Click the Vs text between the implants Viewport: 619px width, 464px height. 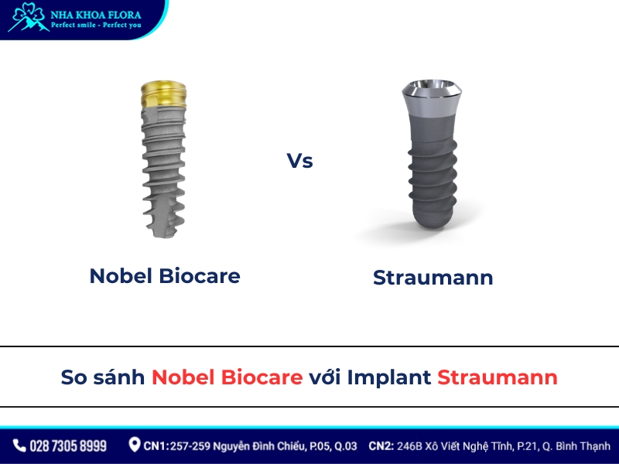tap(299, 162)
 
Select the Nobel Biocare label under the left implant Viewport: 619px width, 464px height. tap(165, 276)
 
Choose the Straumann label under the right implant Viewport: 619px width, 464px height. tap(433, 278)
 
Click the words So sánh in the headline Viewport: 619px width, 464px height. tap(103, 377)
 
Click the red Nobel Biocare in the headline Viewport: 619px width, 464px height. tap(227, 377)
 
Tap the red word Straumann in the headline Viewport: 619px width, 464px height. tap(497, 377)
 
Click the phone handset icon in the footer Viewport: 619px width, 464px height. tap(19, 445)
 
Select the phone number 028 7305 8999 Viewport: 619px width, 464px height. tap(68, 446)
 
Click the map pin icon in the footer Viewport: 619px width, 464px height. tap(135, 445)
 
